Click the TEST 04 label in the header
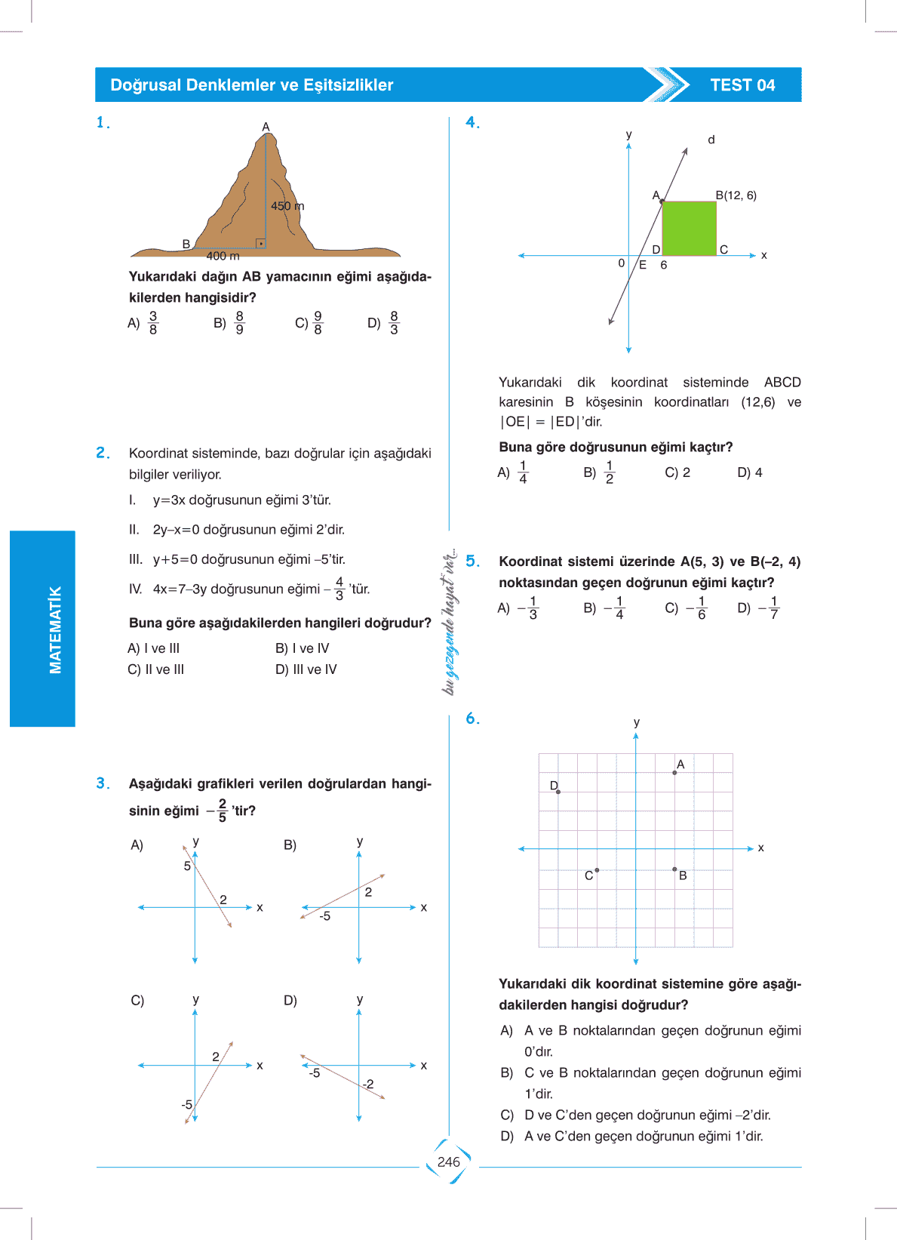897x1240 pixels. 742,85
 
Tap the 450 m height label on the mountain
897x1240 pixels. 287,206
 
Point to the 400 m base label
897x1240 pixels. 223,256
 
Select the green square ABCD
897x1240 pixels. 689,228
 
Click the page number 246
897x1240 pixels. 448,1162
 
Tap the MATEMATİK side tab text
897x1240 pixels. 55,629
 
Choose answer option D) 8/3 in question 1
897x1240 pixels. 384,323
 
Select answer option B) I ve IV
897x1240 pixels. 303,648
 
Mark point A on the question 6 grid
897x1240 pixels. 674,773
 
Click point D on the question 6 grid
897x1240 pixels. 558,792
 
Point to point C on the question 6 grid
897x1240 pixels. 597,870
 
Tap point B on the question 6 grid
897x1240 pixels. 674,869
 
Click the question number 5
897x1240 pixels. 472,561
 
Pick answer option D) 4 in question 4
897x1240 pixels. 750,472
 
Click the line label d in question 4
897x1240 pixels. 711,140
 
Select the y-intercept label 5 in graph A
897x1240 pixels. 187,866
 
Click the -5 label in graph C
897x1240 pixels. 186,1104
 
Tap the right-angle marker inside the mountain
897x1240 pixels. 260,243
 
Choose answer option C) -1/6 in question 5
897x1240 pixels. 687,608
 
